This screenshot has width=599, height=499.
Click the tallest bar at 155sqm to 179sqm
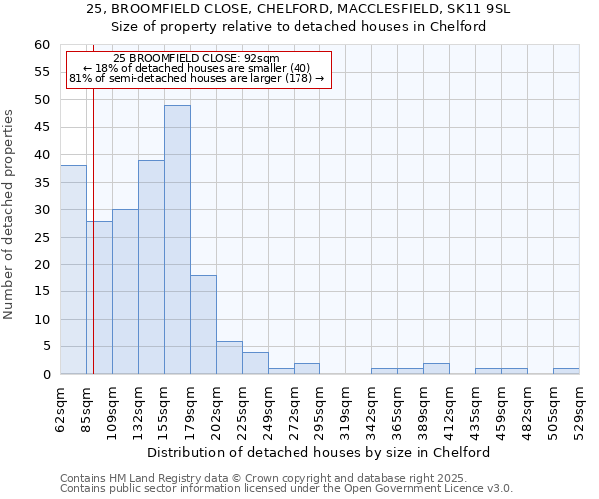(x=177, y=240)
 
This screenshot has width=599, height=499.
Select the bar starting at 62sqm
(x=73, y=269)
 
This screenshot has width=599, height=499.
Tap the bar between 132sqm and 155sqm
(x=151, y=267)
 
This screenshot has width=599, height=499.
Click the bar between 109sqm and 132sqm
(x=125, y=291)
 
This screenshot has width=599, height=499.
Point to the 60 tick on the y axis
(x=42, y=45)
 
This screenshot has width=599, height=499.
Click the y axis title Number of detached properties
(x=10, y=215)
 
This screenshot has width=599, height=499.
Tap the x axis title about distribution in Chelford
(x=325, y=452)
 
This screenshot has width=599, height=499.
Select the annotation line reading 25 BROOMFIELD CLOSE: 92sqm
(x=196, y=58)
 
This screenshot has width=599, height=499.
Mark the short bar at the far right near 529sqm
(x=566, y=371)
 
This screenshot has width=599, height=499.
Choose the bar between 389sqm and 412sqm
(x=436, y=369)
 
